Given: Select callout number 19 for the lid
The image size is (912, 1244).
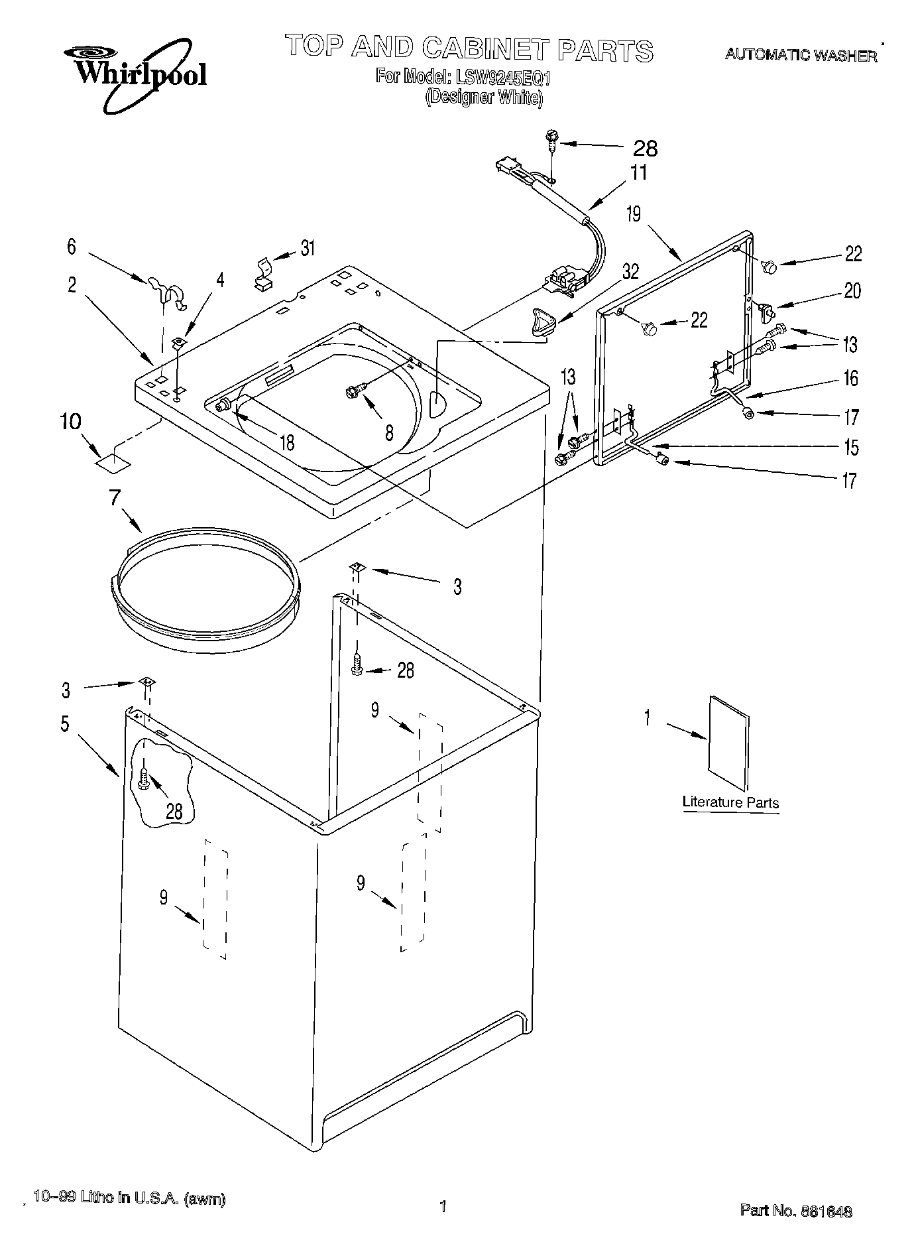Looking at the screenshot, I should coord(634,214).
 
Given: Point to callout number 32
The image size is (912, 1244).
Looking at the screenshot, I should coord(630,273).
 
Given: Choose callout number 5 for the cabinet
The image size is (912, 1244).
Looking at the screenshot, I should coord(64,723).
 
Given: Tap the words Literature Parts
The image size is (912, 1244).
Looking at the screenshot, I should coord(730,802).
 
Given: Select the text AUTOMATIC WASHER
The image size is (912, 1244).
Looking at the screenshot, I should coord(801,56).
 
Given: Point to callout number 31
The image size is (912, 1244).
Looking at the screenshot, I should coord(308,249).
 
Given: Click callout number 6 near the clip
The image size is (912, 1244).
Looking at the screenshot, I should coord(71,247).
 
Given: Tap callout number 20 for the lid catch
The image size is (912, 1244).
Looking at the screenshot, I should coord(852,290).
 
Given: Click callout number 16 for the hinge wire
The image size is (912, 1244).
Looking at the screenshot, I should coord(850,379).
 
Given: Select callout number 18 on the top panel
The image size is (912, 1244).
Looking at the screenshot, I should coord(287,442).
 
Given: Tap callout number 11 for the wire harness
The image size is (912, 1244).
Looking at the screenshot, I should coord(638,172).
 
